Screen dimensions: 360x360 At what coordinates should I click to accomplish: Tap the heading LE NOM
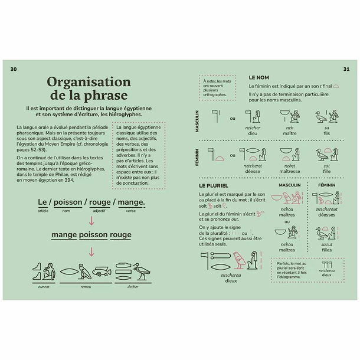pyautogui.click(x=259, y=77)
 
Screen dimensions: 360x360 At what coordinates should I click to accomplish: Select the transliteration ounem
pyautogui.click(x=43, y=287)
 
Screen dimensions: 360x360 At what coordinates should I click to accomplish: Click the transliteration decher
pyautogui.click(x=133, y=287)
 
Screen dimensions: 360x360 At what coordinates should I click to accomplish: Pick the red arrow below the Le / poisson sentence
pyautogui.click(x=91, y=221)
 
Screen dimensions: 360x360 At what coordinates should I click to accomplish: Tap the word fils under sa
pyautogui.click(x=326, y=134)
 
